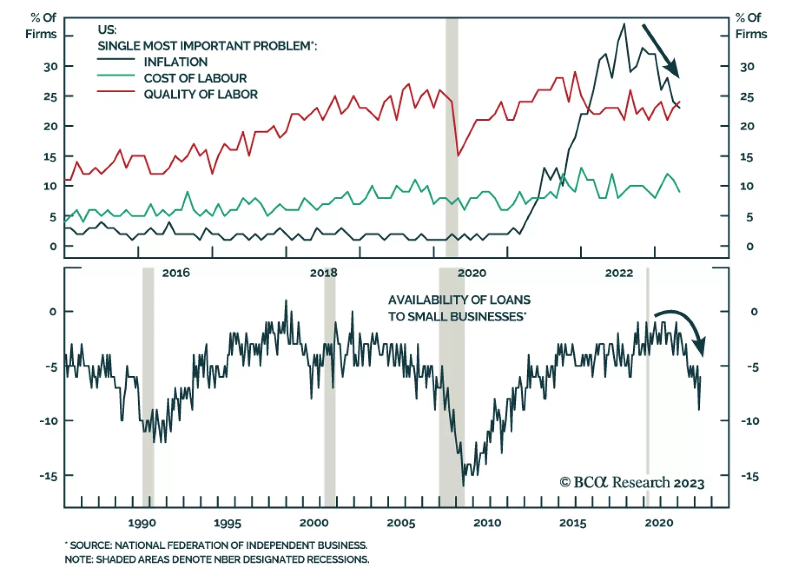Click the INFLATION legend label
click(175, 62)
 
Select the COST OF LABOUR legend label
click(195, 78)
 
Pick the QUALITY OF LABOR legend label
click(200, 95)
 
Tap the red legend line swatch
click(116, 92)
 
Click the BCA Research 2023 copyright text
click(632, 483)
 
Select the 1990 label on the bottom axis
click(142, 523)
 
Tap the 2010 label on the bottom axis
click(487, 523)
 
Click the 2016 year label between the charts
click(176, 273)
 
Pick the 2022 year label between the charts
click(619, 273)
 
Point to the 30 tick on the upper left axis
click(50, 66)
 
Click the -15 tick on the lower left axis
click(49, 476)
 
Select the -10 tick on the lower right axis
click(750, 421)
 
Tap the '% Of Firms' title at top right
click(750, 26)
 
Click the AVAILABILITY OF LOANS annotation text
click(459, 308)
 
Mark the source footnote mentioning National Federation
click(216, 545)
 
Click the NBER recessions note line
click(217, 560)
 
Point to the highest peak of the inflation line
click(624, 24)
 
